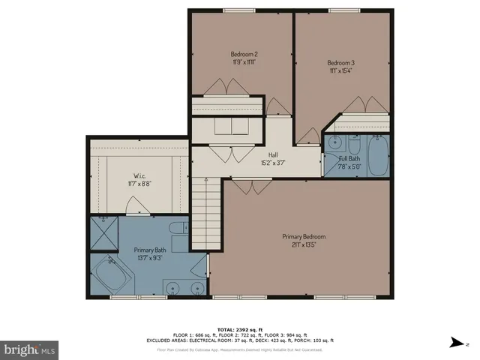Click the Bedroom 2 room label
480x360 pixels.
[x=244, y=54]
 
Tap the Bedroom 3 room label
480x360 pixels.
[x=340, y=62]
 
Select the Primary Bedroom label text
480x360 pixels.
[x=304, y=237]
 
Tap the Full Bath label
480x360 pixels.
[x=349, y=159]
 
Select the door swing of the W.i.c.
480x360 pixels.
[x=134, y=204]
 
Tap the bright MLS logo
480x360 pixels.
[x=30, y=349]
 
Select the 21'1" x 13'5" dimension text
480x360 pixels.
[x=304, y=245]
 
